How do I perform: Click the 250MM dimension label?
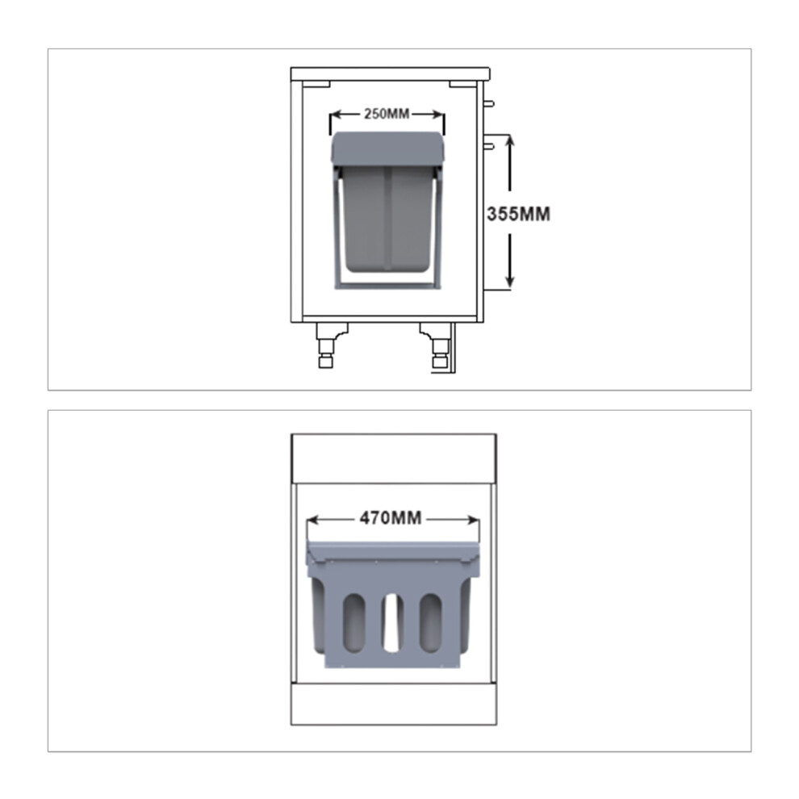[387, 114]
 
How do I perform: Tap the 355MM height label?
[518, 214]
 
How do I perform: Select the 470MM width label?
[391, 518]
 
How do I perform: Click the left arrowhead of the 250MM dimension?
[337, 115]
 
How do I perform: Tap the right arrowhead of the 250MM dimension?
[437, 115]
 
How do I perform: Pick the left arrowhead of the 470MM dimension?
[313, 520]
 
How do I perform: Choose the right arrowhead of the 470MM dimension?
[472, 520]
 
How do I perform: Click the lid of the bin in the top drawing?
[388, 149]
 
